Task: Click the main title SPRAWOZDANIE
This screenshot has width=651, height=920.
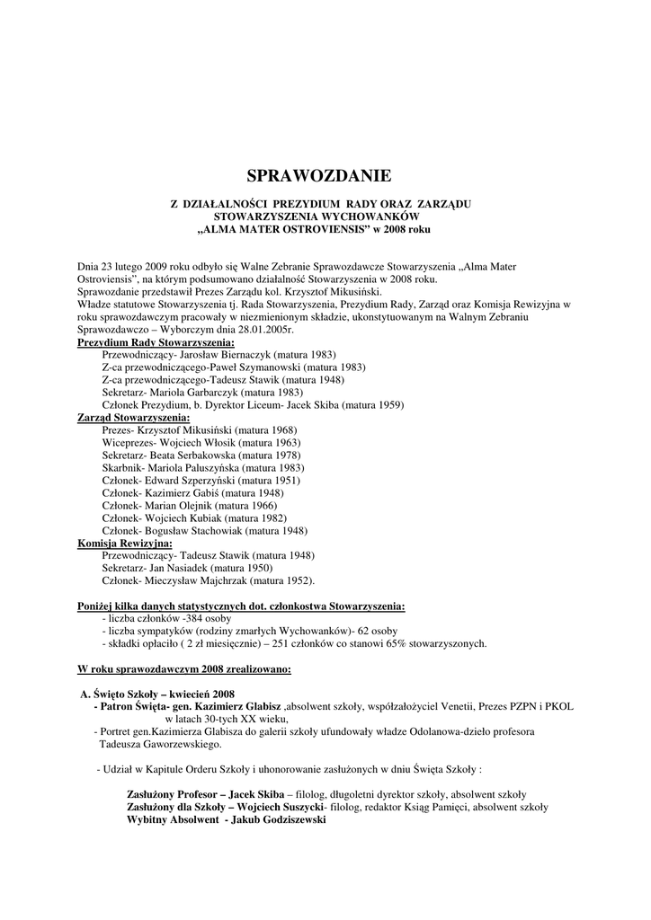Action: (x=319, y=176)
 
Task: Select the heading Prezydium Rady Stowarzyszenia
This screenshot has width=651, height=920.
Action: (x=156, y=343)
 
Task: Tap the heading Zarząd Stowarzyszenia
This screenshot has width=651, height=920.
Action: (x=133, y=418)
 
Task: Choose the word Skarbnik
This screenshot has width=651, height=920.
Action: (x=122, y=468)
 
